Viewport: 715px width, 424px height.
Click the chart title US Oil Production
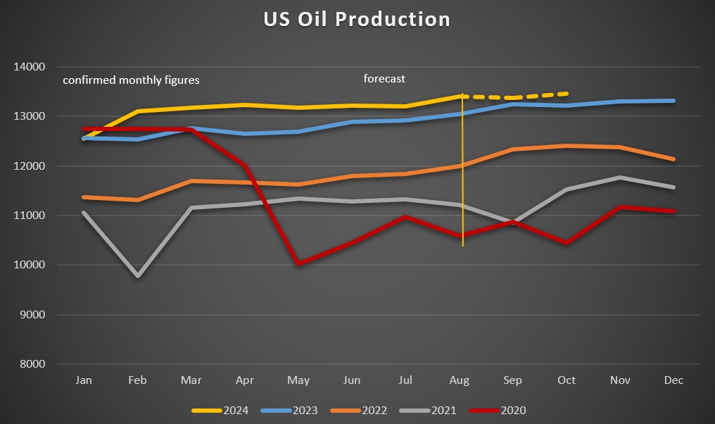point(357,19)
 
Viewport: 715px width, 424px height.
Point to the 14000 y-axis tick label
point(29,67)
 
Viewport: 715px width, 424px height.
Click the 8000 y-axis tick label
point(32,364)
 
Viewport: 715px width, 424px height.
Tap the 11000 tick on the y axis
point(29,216)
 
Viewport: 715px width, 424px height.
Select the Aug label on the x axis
point(460,380)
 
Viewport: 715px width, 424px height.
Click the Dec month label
point(673,380)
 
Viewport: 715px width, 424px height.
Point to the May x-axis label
point(298,380)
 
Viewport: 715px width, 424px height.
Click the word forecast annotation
point(384,79)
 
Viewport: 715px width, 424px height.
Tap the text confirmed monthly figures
point(131,80)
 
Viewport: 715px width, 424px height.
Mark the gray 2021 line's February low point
point(138,276)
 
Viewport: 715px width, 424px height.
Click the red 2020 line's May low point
point(299,263)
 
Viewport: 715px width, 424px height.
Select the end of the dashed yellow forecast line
point(567,93)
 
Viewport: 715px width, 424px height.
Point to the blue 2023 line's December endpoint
point(673,101)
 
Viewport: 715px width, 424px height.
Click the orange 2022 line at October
point(567,146)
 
